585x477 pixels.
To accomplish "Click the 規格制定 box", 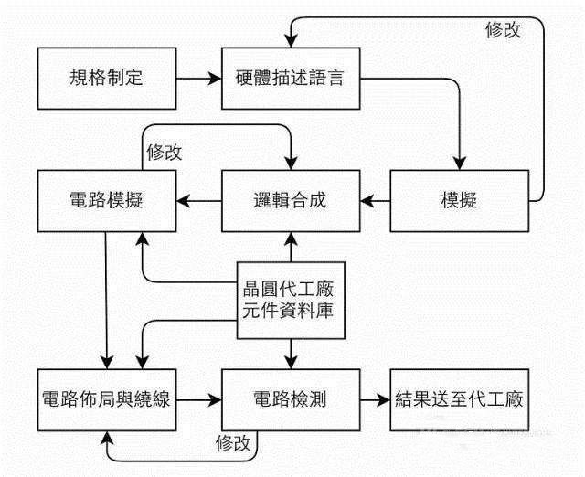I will tap(106, 78).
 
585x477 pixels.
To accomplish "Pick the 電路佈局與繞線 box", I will tap(106, 398).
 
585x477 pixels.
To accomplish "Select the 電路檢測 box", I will tap(290, 398).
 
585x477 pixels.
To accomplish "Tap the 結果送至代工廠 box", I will tap(460, 398).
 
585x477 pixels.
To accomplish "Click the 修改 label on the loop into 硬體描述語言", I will tap(503, 29).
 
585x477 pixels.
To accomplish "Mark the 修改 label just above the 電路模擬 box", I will tap(164, 152).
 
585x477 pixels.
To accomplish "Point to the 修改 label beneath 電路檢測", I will tap(235, 443).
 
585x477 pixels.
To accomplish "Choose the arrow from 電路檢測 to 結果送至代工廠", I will tap(373, 398).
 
